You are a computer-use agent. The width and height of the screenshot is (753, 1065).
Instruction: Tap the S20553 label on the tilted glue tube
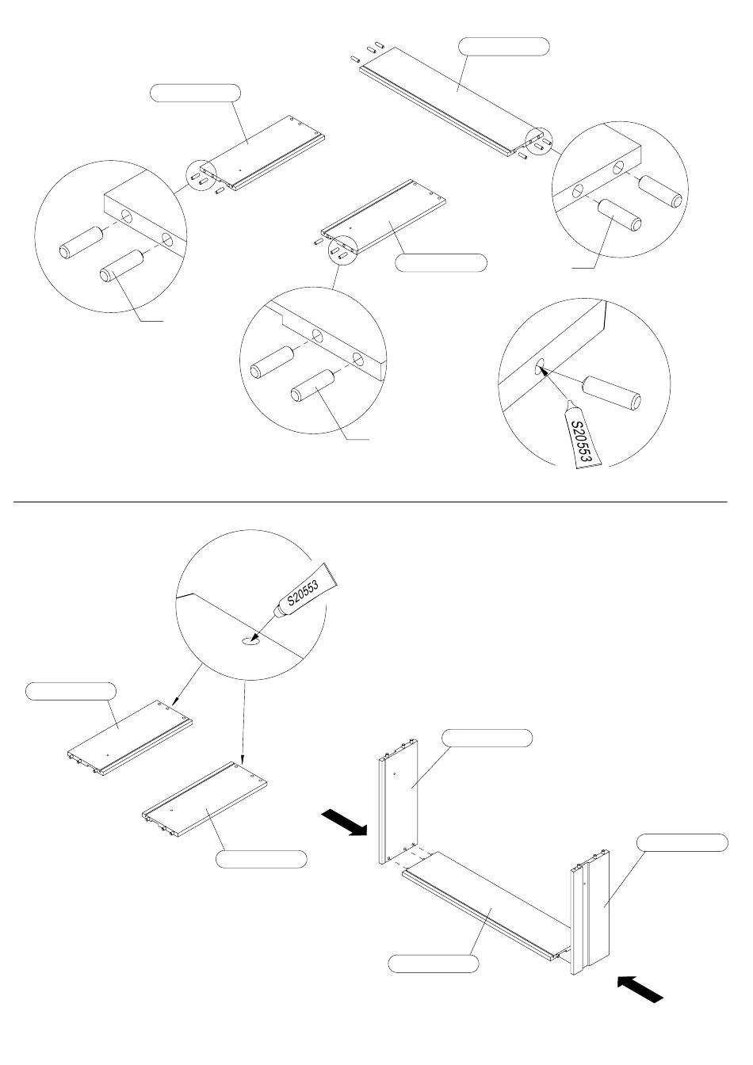(x=302, y=593)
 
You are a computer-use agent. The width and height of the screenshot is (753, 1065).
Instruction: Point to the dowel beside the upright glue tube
(x=611, y=394)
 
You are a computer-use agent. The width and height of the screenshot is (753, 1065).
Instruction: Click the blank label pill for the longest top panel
(x=505, y=47)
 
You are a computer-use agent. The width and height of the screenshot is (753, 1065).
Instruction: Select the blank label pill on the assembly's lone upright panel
(x=486, y=738)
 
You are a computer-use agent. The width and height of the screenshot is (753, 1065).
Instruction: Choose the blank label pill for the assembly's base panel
(x=434, y=964)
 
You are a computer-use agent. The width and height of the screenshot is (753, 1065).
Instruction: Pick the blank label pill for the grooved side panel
(x=682, y=842)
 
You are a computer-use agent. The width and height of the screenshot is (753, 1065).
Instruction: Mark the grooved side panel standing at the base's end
(x=591, y=911)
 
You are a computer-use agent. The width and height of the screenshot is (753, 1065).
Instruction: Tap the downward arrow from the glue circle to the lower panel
(x=243, y=721)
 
